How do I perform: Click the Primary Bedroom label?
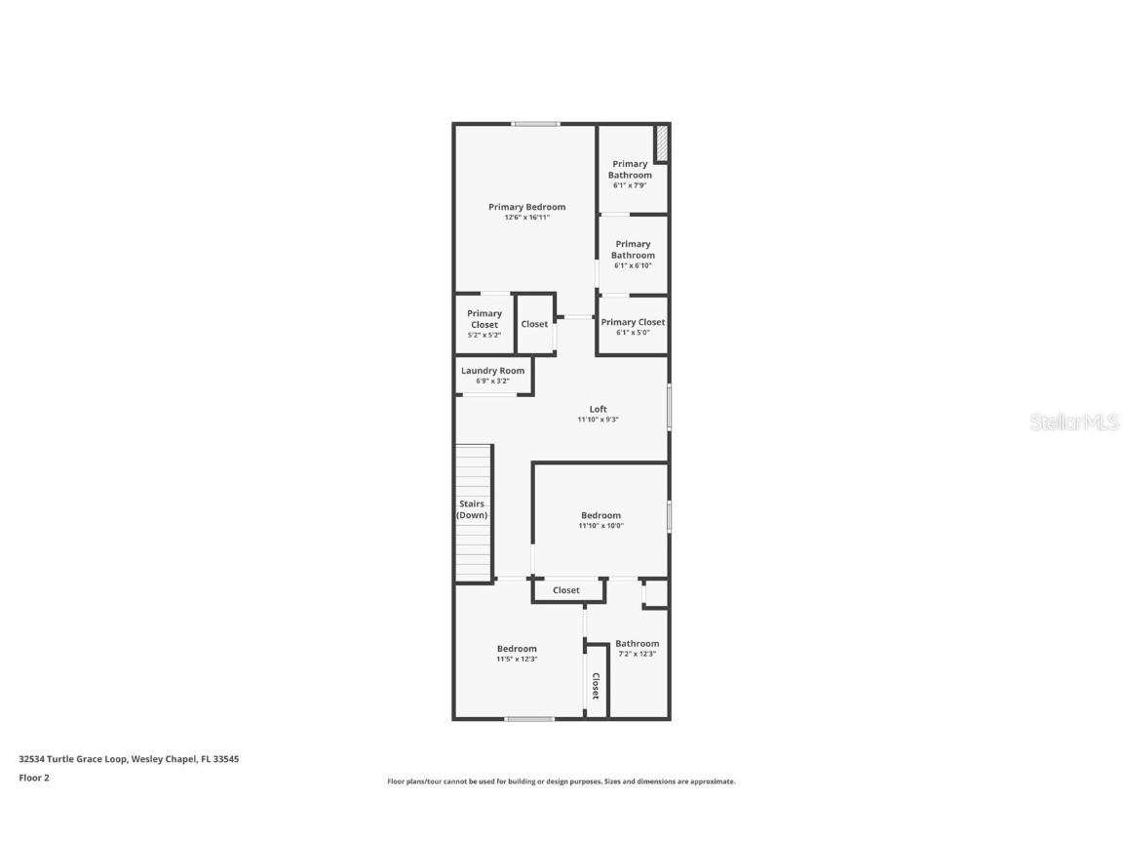click(x=526, y=207)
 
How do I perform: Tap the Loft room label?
click(x=598, y=409)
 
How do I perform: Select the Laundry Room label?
click(x=492, y=371)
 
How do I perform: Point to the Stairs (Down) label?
click(x=472, y=509)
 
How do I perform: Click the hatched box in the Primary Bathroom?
click(x=661, y=143)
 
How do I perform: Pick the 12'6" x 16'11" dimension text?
click(x=526, y=218)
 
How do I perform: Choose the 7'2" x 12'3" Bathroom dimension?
click(x=636, y=654)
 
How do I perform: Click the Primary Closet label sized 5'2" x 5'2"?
click(x=484, y=319)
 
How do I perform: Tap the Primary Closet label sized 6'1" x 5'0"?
click(x=633, y=322)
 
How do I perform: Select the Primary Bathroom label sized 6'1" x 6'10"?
click(x=633, y=250)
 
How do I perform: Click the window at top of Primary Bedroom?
click(x=536, y=124)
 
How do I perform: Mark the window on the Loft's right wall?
click(x=669, y=407)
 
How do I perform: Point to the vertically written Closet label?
click(x=595, y=686)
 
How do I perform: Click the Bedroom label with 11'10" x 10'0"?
click(x=600, y=515)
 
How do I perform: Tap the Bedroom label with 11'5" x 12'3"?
click(x=517, y=649)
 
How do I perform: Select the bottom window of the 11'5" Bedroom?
click(x=529, y=719)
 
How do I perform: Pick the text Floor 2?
click(x=33, y=778)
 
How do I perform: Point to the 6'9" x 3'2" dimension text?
click(x=492, y=381)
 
